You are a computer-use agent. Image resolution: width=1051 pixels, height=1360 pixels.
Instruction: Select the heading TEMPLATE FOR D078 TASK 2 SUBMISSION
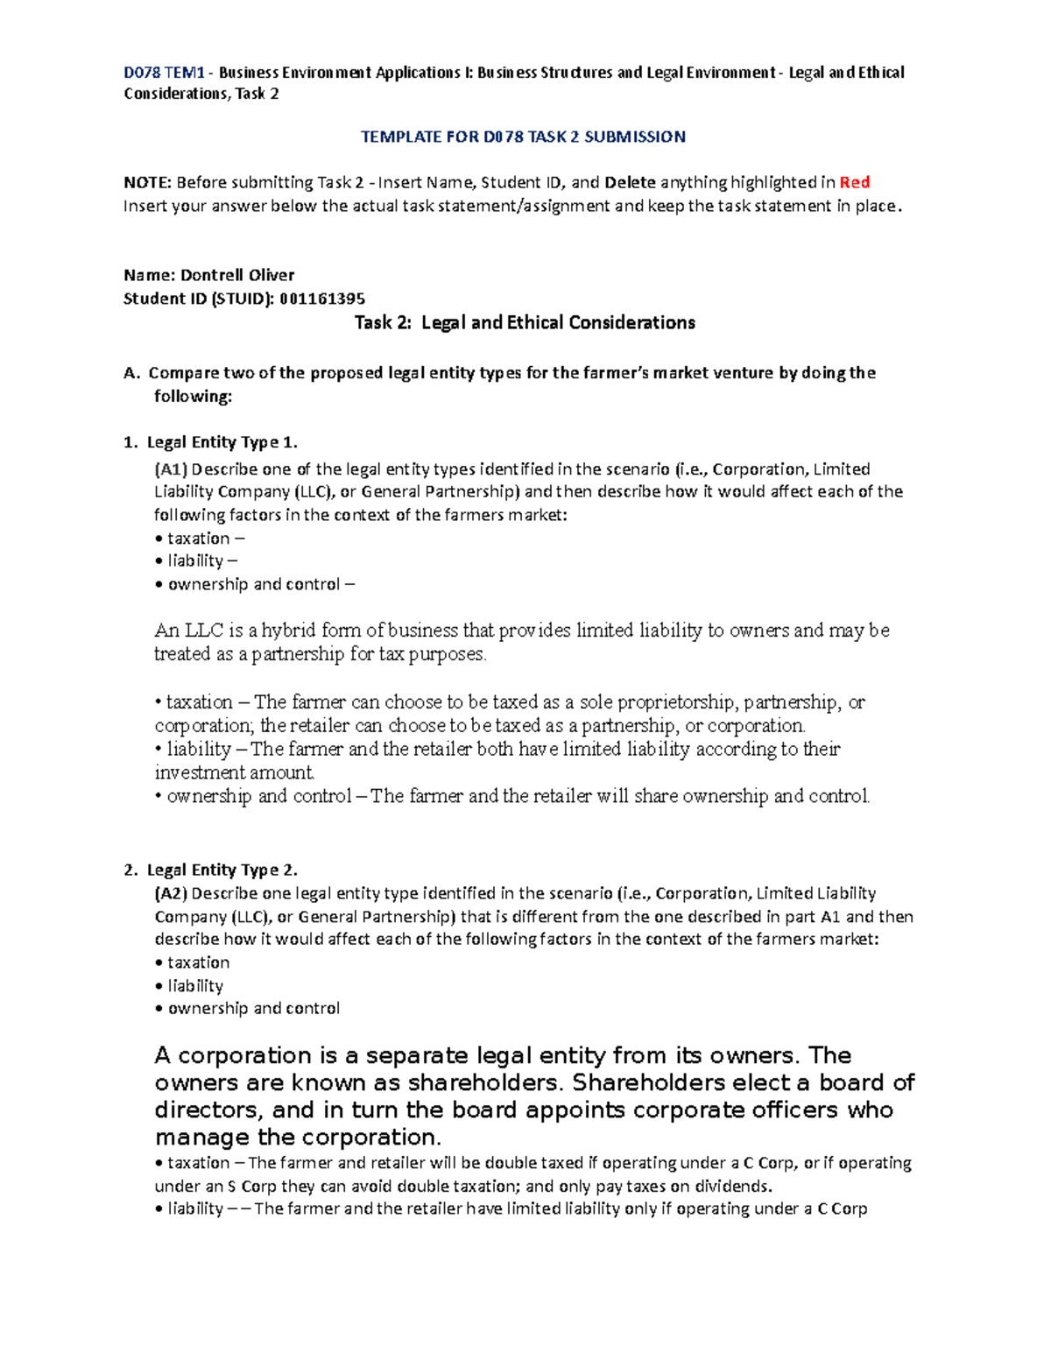tap(523, 137)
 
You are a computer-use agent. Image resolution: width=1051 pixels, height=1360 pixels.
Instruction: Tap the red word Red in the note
tap(854, 182)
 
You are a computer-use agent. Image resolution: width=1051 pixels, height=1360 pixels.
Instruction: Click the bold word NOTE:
tap(147, 182)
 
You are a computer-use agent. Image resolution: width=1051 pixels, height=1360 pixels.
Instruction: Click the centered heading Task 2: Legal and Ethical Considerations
tap(524, 322)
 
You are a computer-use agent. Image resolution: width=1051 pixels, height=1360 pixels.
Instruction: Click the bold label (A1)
tap(171, 469)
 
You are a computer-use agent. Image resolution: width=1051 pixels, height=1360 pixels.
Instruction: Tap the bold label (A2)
tap(171, 893)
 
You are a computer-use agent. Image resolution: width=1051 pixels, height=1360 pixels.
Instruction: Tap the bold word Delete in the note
tap(630, 182)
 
